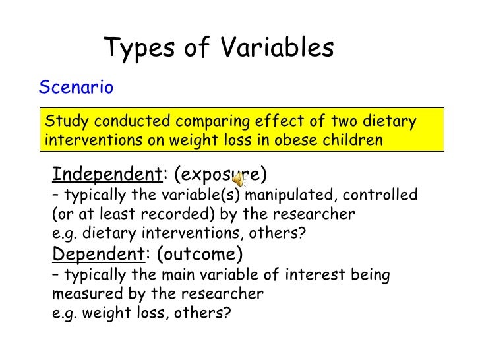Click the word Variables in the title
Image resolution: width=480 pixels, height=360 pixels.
[x=277, y=48]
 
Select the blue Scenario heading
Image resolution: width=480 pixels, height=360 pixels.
[x=76, y=88]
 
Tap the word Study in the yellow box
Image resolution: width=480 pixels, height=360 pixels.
[x=65, y=122]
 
